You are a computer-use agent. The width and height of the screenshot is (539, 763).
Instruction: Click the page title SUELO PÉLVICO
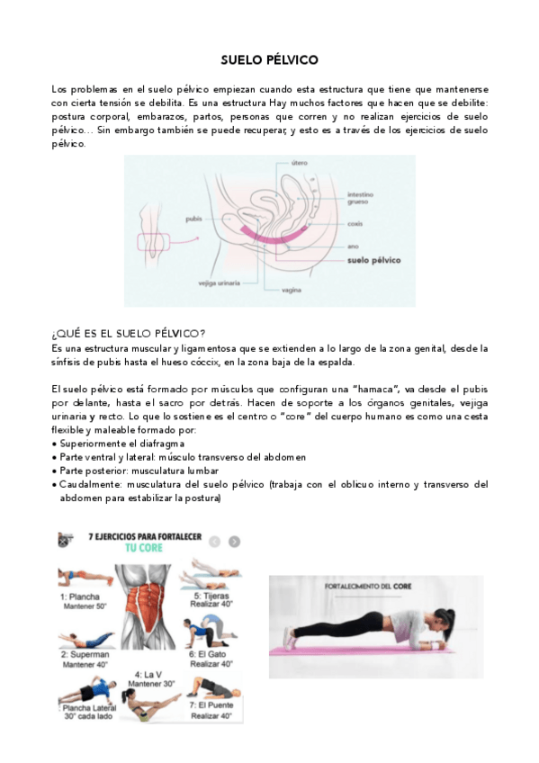[x=269, y=60]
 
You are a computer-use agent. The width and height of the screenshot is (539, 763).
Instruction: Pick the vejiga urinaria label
[x=220, y=283]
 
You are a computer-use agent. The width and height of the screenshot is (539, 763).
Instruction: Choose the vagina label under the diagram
[x=291, y=291]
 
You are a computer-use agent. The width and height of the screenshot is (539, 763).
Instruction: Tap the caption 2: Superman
[x=85, y=655]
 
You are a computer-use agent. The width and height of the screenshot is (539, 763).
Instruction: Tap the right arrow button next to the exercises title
[x=234, y=542]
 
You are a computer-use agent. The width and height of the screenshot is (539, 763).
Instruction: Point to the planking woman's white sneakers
[x=290, y=639]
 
